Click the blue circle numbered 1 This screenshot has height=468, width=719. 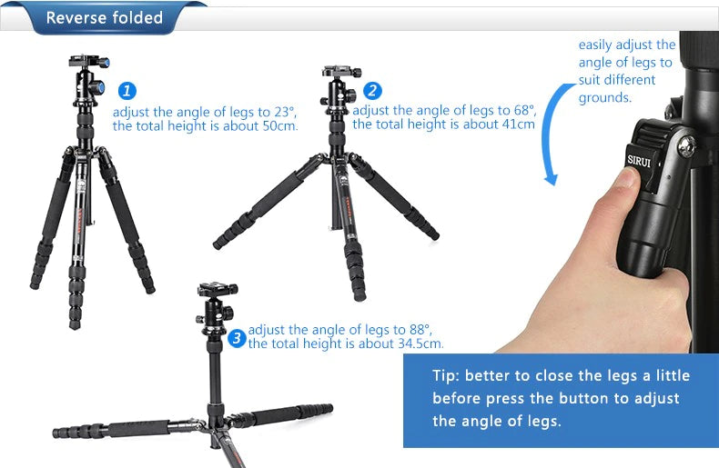127,91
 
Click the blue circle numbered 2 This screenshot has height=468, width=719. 372,91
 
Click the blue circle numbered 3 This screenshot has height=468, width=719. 237,338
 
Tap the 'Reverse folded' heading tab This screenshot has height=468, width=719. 105,18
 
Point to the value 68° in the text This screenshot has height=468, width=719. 524,110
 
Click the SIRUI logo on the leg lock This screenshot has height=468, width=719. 639,161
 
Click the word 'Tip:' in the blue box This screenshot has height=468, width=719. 446,376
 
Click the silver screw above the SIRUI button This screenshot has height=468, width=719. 687,146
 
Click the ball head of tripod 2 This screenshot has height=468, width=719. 339,90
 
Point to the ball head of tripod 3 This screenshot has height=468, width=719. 215,308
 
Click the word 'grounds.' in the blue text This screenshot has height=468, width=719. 605,97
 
